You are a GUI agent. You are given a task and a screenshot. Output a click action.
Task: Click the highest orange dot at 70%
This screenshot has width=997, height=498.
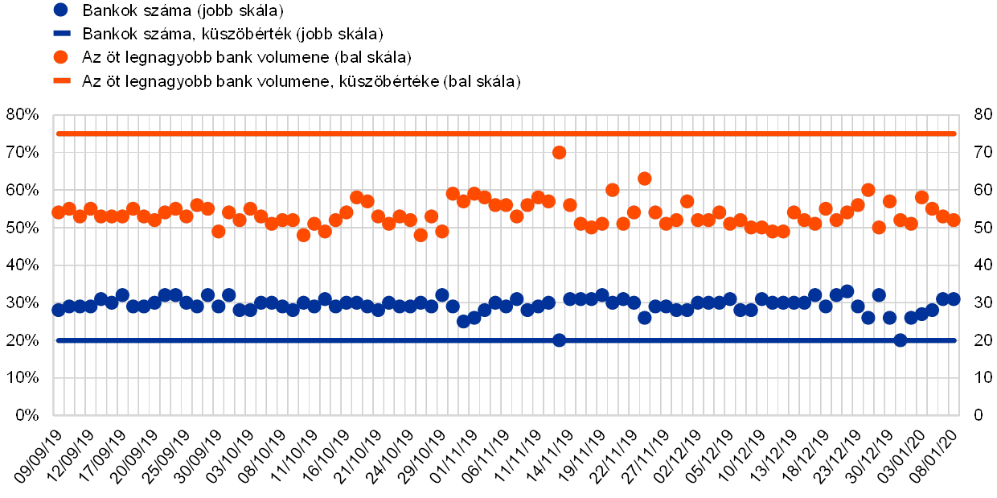click(x=560, y=152)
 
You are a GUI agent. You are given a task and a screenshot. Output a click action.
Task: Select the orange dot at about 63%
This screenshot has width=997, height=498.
click(x=644, y=178)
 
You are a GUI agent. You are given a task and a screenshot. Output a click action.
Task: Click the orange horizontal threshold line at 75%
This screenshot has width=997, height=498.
click(x=322, y=134)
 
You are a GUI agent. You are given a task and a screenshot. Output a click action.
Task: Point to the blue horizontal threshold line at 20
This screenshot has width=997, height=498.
click(x=322, y=340)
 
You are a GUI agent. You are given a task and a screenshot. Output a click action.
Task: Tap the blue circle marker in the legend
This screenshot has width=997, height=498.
click(x=60, y=10)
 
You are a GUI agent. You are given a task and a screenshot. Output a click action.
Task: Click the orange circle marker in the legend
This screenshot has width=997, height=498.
click(x=60, y=57)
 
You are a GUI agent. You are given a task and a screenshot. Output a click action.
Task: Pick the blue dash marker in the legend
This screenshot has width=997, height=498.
click(x=60, y=34)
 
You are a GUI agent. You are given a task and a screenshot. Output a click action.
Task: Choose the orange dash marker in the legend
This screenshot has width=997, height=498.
click(x=60, y=81)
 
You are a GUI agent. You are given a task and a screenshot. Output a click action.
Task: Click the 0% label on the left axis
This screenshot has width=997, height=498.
click(x=27, y=415)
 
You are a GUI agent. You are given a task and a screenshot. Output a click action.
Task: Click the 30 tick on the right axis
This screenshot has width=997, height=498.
click(x=979, y=303)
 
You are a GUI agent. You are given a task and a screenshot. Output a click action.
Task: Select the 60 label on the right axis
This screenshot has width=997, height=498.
click(x=979, y=190)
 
